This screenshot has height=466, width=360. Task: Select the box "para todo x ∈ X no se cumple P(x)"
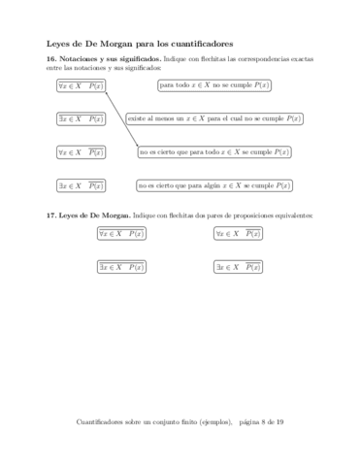coord(214,86)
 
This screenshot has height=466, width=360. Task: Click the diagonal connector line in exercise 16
coord(122,118)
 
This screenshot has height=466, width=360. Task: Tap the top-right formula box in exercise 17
coord(238,234)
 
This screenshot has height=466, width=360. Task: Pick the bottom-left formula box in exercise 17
coord(121,266)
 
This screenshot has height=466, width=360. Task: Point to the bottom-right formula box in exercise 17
coord(238,266)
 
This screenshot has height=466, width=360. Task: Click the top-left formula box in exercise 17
coord(121,234)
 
